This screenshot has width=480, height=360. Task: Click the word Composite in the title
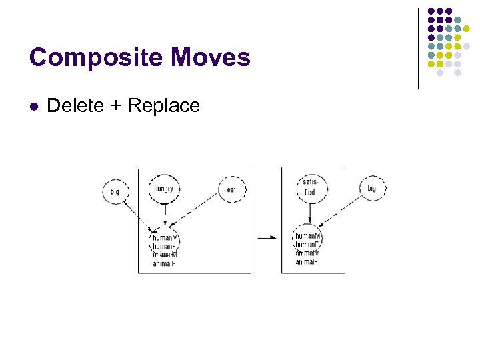click(95, 58)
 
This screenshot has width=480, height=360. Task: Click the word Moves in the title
click(210, 58)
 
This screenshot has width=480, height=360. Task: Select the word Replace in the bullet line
click(163, 105)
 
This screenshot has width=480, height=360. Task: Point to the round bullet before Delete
click(34, 106)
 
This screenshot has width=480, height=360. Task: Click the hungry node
click(163, 189)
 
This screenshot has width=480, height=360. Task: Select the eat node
click(232, 190)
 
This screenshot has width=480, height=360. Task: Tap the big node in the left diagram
click(115, 192)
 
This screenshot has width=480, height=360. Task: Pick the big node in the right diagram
click(372, 189)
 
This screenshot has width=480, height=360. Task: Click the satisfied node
click(309, 187)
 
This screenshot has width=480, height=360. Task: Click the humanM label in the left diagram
click(165, 237)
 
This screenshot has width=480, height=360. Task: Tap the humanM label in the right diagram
click(309, 236)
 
